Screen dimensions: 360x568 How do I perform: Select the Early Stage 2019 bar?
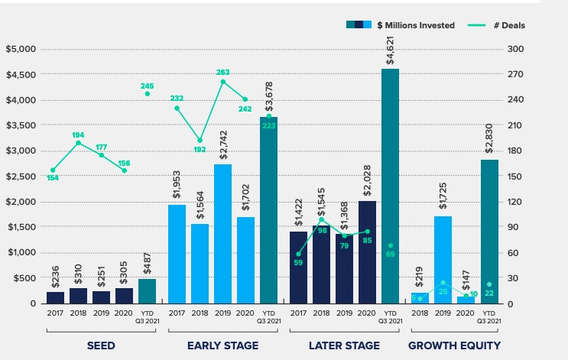[x=222, y=234]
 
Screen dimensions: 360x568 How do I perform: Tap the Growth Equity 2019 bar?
[x=443, y=260]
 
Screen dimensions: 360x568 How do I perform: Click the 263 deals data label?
[x=223, y=73]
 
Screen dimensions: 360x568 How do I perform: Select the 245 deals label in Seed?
[x=148, y=86]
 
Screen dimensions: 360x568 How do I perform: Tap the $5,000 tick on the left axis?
[x=21, y=50]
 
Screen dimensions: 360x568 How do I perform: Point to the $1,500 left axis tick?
[x=21, y=228]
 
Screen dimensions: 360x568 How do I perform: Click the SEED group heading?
[x=100, y=345]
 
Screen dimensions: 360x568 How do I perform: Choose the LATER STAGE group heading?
[x=344, y=345]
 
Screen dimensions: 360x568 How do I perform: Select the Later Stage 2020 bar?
[x=368, y=252]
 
